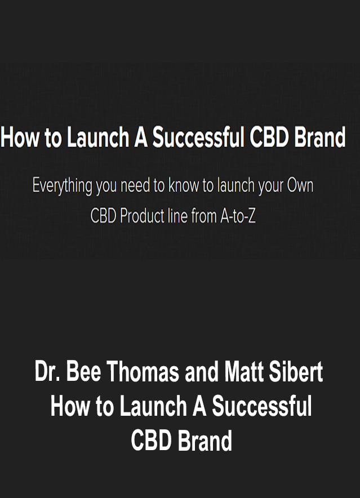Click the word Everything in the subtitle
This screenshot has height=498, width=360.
point(63,186)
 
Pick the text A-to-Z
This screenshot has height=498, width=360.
point(238,216)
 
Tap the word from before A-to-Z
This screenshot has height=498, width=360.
point(204,216)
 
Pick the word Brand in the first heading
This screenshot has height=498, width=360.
point(319,137)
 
